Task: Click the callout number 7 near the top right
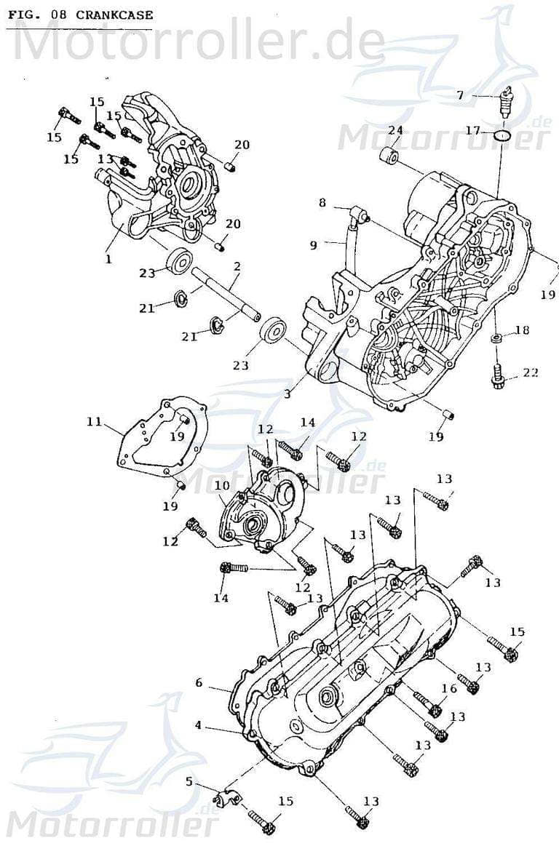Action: pos(460,95)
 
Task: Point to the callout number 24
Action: pos(395,130)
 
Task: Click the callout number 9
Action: pos(313,245)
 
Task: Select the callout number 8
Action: pos(322,203)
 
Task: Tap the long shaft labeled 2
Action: pos(226,295)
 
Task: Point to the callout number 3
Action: pos(288,394)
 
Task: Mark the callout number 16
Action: pos(449,688)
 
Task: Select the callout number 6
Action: pos(198,683)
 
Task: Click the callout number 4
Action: pos(198,725)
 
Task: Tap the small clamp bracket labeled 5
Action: pos(226,796)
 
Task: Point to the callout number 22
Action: pos(531,372)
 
